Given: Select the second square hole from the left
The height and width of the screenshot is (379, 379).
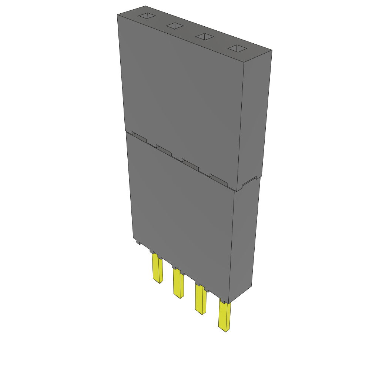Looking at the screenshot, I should [x=175, y=26].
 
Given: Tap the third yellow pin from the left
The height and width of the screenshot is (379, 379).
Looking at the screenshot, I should [x=201, y=300].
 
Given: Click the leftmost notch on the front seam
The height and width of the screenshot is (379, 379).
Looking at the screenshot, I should [x=139, y=137].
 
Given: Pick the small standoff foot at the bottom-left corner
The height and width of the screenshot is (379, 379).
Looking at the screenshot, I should [x=138, y=242].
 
